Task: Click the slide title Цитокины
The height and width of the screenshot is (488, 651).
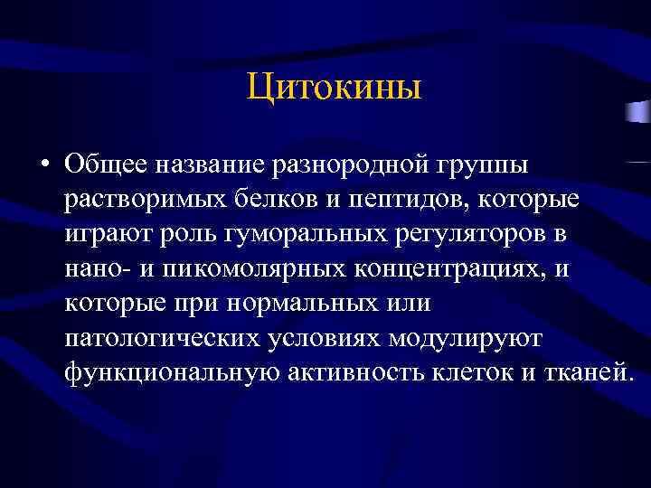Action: [x=334, y=89]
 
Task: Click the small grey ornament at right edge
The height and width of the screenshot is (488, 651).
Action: [x=638, y=111]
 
